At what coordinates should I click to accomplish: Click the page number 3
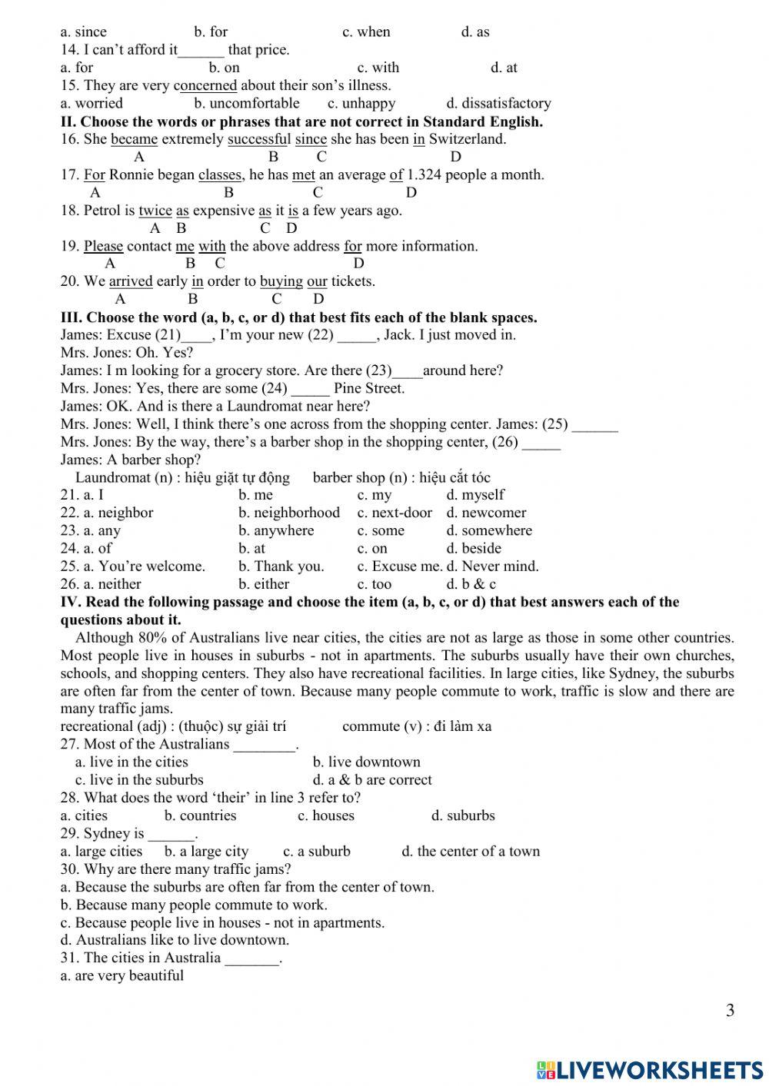pyautogui.click(x=730, y=1010)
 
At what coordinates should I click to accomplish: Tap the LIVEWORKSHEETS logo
pyautogui.click(x=650, y=1069)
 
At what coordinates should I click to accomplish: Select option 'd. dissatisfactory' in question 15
pyautogui.click(x=498, y=103)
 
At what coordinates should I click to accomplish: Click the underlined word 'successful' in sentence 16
pyautogui.click(x=259, y=139)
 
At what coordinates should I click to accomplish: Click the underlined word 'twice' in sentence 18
pyautogui.click(x=155, y=211)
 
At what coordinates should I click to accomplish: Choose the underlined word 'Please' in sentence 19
pyautogui.click(x=103, y=246)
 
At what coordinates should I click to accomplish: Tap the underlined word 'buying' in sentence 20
pyautogui.click(x=281, y=281)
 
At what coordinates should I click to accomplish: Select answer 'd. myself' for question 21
pyautogui.click(x=475, y=495)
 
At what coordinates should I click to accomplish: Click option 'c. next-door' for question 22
pyautogui.click(x=394, y=513)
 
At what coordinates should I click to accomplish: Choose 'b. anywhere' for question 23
pyautogui.click(x=276, y=530)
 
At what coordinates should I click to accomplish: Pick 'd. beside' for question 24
pyautogui.click(x=474, y=548)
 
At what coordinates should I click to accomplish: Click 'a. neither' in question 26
pyautogui.click(x=101, y=584)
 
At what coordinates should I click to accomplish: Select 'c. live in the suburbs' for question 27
pyautogui.click(x=139, y=779)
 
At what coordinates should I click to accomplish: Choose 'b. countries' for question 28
pyautogui.click(x=200, y=815)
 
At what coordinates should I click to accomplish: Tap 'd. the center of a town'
pyautogui.click(x=471, y=851)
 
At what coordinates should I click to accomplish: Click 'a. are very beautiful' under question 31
pyautogui.click(x=122, y=975)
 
